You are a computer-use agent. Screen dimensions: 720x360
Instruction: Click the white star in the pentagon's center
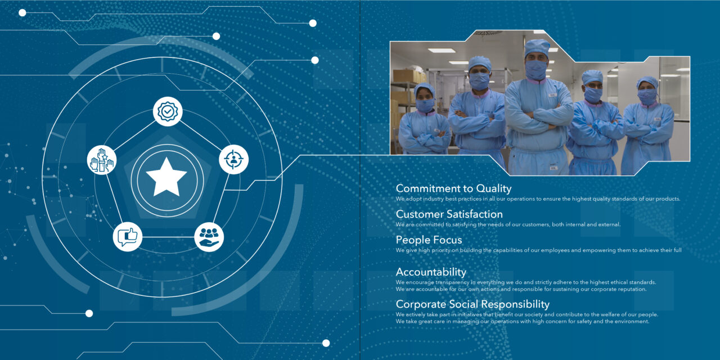pos(166,177)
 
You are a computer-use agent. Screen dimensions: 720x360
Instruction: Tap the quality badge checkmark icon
pos(168,111)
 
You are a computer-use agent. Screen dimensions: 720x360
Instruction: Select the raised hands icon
pos(102,160)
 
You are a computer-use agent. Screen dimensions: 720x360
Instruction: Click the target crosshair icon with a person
pos(233,159)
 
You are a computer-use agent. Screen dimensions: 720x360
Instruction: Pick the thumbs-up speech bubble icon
pos(128,237)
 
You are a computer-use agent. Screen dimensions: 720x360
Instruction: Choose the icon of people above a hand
pos(209,237)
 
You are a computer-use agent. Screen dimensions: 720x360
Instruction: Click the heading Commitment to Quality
pos(453,188)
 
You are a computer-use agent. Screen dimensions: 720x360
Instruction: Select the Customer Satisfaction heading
pos(449,214)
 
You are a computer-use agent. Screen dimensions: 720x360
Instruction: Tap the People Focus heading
pos(429,240)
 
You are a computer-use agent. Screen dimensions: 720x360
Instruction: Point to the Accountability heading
pos(431,272)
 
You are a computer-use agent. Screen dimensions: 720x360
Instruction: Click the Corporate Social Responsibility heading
pos(473,304)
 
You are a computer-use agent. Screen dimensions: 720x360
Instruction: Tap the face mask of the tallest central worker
pos(536,69)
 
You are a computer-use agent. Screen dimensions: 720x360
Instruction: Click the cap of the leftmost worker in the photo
pos(424,89)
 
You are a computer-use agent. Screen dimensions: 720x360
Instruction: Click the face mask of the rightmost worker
pos(647,97)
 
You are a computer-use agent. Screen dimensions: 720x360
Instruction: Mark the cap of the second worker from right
pos(592,77)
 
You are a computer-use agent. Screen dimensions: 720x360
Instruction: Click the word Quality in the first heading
pos(494,188)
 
